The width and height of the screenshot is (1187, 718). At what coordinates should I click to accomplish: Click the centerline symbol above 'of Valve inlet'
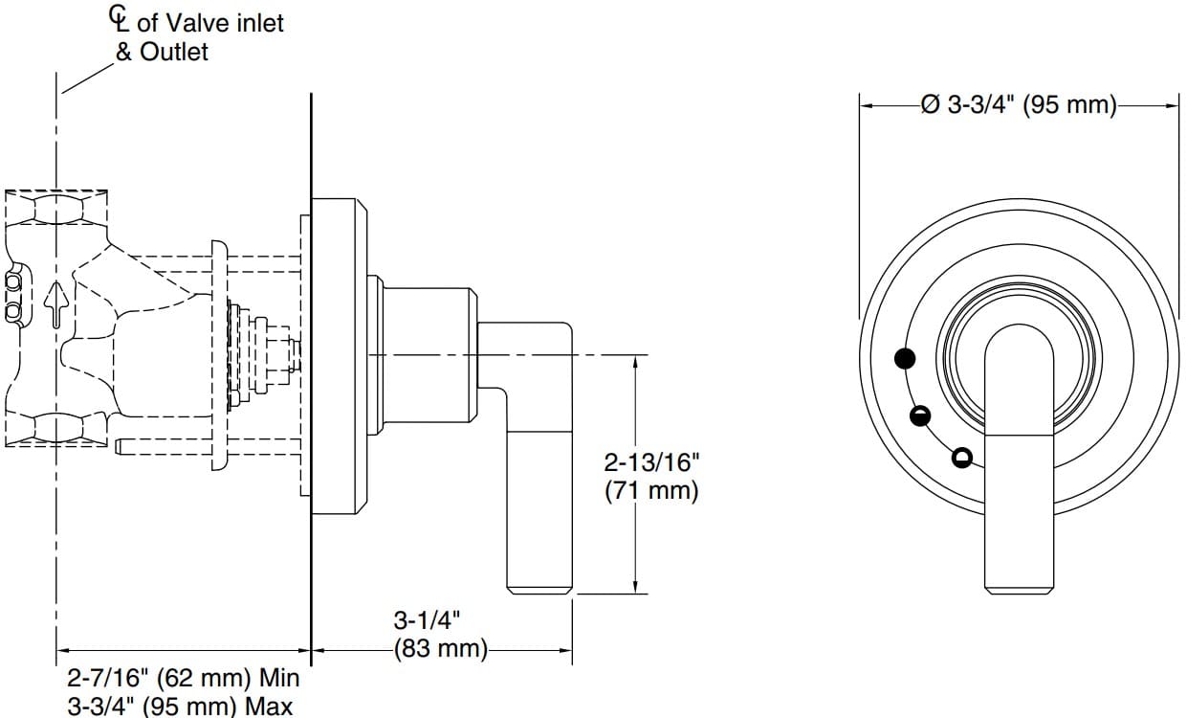pos(119,17)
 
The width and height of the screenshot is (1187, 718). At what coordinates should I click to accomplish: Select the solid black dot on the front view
pos(905,359)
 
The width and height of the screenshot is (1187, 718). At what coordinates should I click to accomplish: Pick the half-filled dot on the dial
pos(920,415)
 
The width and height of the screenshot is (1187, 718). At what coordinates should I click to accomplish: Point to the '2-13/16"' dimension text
pos(651,463)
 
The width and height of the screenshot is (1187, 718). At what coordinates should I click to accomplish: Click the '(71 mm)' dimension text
pos(651,491)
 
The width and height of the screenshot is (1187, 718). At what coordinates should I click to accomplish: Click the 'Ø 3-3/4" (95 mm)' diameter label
pos(1019,104)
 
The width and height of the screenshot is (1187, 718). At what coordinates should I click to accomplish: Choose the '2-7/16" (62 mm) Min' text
pos(183,679)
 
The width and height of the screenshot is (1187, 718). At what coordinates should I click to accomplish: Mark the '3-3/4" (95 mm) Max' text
pos(180,707)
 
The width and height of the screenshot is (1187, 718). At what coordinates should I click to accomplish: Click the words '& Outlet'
pos(161,52)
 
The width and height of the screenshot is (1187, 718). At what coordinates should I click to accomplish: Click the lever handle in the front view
pos(1020,460)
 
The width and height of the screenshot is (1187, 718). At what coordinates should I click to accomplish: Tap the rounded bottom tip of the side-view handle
pos(539,586)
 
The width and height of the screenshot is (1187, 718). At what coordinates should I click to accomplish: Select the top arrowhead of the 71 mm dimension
pos(635,360)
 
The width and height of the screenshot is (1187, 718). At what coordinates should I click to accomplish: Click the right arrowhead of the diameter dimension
pos(1174,105)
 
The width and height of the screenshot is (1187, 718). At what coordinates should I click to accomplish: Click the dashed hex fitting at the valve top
pos(57,207)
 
